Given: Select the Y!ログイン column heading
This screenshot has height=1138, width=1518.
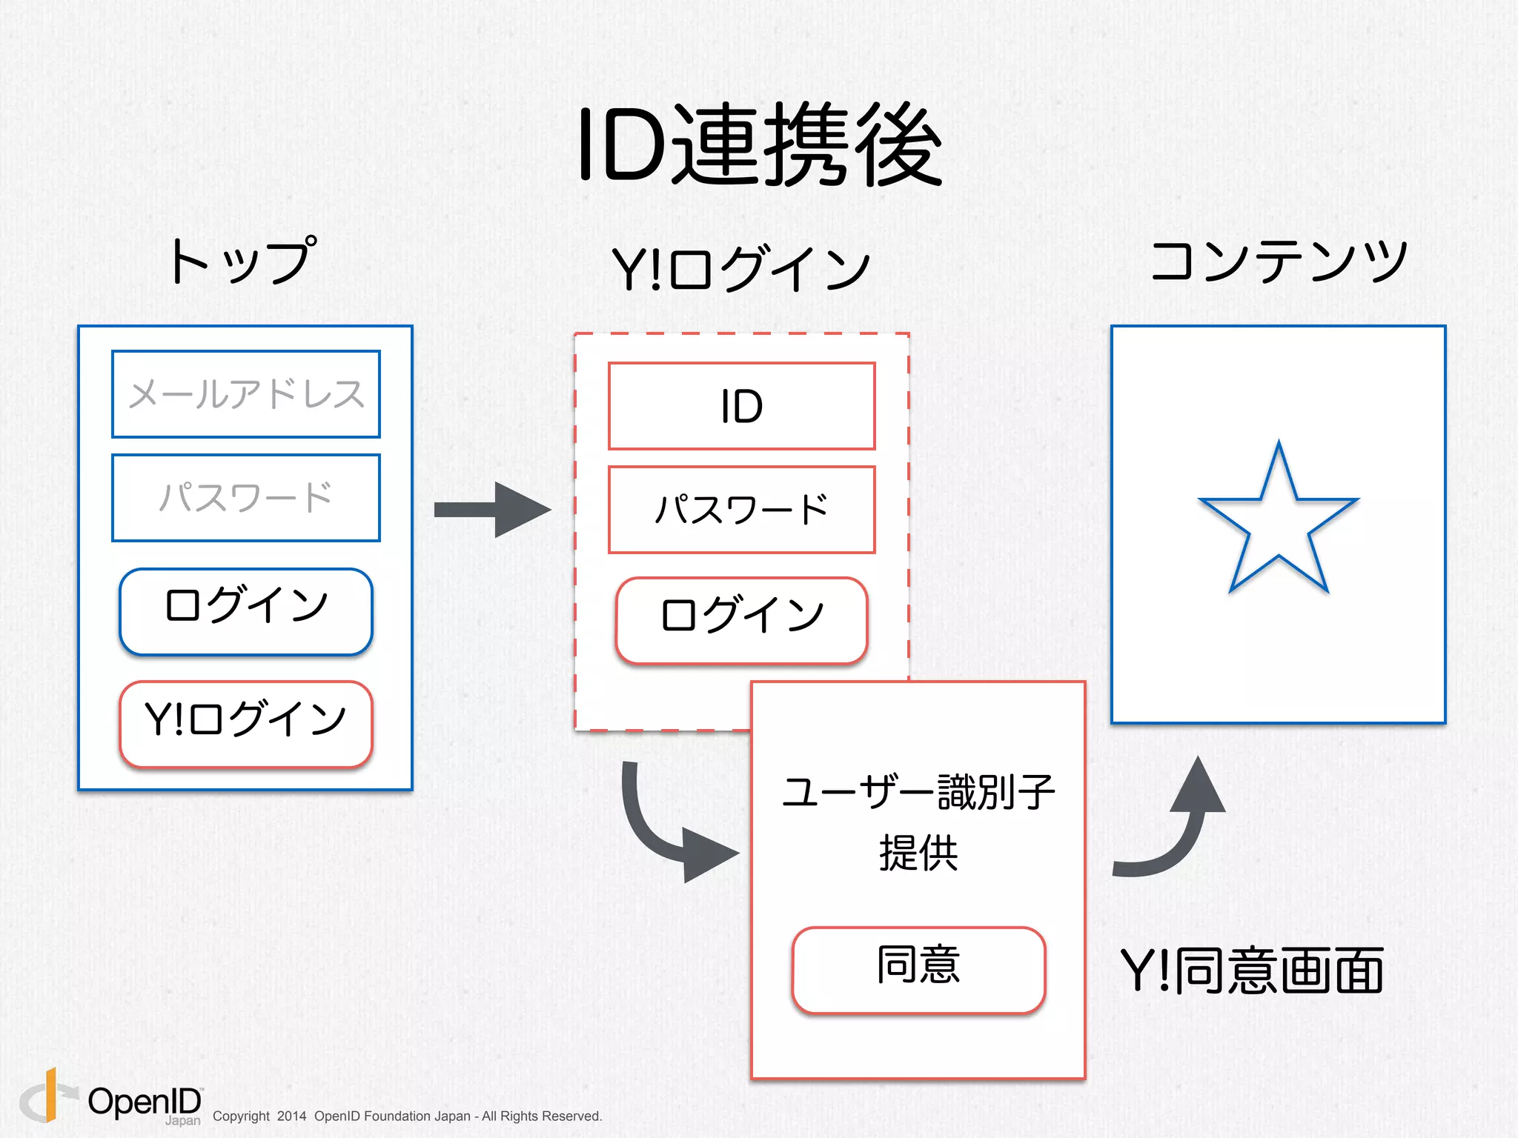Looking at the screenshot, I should [741, 268].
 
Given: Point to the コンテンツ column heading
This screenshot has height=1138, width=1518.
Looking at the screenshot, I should [1279, 261].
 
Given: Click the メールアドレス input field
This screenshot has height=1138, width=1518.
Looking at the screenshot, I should [246, 394].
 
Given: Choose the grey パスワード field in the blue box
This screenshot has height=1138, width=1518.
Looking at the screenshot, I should [246, 498].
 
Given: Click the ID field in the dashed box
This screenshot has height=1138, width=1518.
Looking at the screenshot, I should [742, 406].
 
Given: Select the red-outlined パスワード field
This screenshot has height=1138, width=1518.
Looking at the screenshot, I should [742, 510].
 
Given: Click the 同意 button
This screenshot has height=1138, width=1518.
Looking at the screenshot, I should [918, 969].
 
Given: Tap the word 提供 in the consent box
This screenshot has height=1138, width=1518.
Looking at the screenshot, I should [918, 853].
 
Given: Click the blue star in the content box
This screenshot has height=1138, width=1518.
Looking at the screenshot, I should [1279, 522].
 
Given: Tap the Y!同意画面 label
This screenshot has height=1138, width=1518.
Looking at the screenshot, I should [1251, 971].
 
